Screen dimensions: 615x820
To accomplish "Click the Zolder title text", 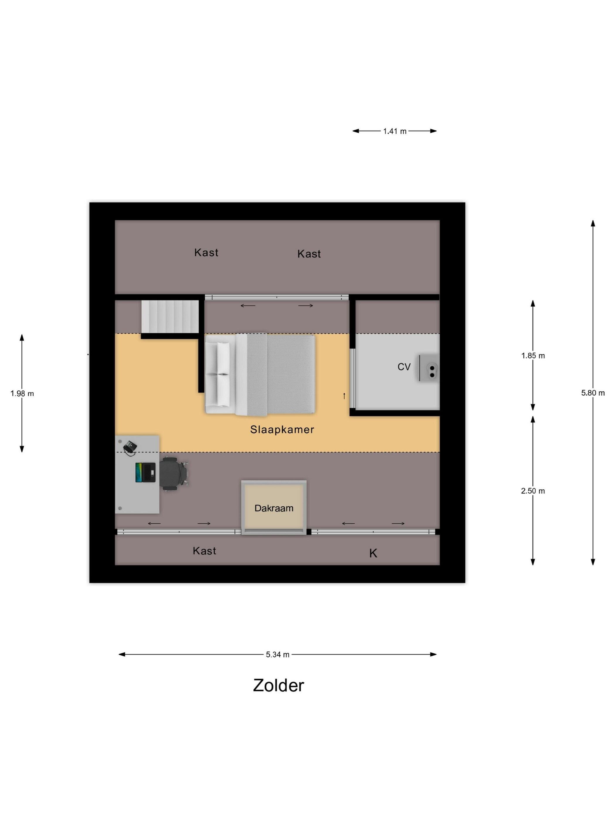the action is [279, 686].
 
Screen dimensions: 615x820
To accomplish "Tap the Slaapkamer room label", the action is [282, 429].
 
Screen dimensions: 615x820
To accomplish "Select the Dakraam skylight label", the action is [274, 508].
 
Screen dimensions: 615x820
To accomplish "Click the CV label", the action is [404, 367].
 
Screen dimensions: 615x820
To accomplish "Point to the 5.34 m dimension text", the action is [278, 654].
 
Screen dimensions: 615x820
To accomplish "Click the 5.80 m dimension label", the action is [593, 393].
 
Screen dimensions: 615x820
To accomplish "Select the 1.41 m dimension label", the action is [395, 131].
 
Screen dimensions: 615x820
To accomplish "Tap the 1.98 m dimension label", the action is [22, 393].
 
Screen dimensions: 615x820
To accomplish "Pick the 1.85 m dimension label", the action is [533, 356].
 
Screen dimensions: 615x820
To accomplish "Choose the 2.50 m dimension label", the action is [533, 491].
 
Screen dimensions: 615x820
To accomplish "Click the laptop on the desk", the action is [145, 472].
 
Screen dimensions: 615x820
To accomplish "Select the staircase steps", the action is [170, 317].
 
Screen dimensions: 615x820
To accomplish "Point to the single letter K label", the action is [373, 553].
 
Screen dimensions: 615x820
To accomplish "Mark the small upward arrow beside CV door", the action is [344, 396].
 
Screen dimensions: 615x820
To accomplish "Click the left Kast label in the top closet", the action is [206, 252].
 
